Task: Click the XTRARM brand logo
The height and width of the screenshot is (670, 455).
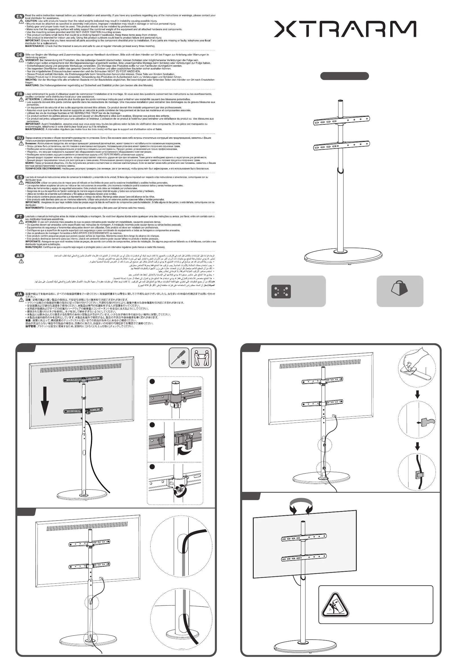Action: coord(345,29)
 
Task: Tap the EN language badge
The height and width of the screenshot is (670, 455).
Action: coord(19,16)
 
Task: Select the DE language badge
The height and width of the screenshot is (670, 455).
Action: coord(19,55)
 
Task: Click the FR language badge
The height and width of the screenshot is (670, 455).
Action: coord(19,94)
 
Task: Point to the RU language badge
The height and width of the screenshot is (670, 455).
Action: coord(19,138)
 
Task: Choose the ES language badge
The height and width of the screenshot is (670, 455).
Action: coord(19,177)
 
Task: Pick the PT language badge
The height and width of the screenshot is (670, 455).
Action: coord(19,216)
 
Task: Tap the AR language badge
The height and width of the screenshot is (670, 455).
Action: coord(19,256)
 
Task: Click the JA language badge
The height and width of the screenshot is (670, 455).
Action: coord(19,294)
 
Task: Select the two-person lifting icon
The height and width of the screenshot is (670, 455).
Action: coord(201,358)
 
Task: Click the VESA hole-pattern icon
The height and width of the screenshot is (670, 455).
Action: coord(281,292)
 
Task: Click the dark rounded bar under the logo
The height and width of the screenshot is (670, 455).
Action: coord(345,76)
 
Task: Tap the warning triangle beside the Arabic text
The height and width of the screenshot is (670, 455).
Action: coord(21,261)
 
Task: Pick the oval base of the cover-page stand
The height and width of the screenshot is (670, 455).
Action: coord(343,256)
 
